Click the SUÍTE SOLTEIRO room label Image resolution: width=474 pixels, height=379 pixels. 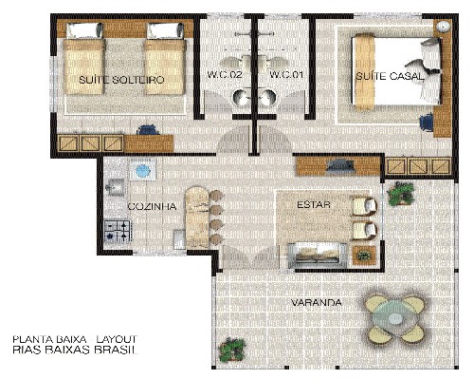(121, 80)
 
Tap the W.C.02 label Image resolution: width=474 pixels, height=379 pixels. (225, 75)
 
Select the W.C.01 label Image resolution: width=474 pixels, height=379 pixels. (286, 75)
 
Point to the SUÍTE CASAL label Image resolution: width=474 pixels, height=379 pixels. (390, 76)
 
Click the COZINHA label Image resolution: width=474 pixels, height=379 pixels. (152, 206)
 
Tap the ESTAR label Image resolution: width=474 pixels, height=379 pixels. (314, 204)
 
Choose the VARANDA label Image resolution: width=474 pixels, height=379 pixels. (317, 303)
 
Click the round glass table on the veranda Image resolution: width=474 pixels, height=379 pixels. (393, 318)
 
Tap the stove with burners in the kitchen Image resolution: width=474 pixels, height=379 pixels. (117, 232)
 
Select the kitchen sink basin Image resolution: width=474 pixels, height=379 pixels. (116, 187)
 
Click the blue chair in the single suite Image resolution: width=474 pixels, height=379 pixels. (148, 130)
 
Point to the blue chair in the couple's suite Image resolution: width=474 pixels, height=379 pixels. (427, 122)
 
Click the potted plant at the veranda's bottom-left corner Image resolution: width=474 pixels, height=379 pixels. (231, 349)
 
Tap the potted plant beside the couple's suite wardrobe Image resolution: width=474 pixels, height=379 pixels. (401, 194)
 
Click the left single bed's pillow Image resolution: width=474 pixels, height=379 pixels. (84, 30)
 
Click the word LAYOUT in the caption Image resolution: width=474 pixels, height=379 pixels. (117, 339)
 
